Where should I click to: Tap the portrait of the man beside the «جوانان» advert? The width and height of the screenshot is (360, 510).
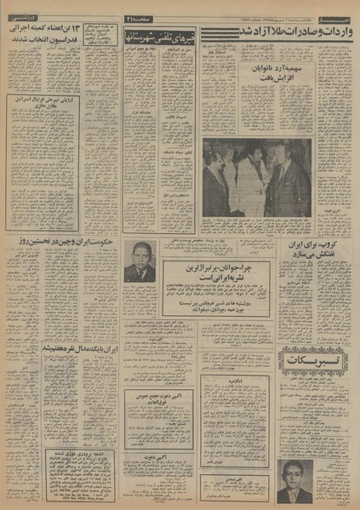click(138, 261)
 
